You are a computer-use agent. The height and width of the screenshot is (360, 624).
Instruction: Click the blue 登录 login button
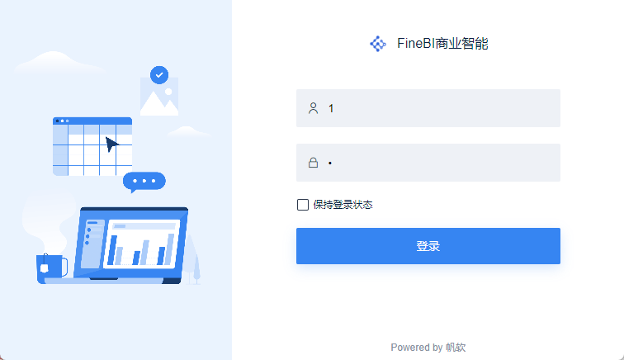click(x=428, y=246)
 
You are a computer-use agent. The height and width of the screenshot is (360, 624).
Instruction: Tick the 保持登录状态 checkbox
click(x=303, y=205)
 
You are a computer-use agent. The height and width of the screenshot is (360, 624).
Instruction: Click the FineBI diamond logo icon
click(x=378, y=44)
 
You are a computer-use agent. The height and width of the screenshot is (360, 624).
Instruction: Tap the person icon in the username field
click(x=313, y=108)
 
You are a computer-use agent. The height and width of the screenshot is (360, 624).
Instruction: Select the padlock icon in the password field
click(x=313, y=163)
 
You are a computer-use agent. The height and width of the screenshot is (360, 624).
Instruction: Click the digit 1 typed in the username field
click(x=331, y=108)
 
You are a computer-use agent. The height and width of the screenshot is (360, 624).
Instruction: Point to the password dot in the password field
click(x=330, y=163)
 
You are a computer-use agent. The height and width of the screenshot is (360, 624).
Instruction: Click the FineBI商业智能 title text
click(x=442, y=44)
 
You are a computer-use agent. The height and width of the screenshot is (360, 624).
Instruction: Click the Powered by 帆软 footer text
click(x=428, y=348)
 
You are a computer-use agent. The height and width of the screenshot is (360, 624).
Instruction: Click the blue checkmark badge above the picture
click(x=159, y=75)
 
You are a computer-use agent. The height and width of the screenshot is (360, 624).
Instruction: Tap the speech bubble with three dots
click(x=144, y=182)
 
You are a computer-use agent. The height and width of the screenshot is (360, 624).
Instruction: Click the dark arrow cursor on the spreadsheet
click(x=111, y=144)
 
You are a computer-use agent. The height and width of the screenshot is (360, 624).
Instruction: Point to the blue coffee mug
click(x=52, y=269)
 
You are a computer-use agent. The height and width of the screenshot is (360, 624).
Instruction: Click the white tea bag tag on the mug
click(x=45, y=268)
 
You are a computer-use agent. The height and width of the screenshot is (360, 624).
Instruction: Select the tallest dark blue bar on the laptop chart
click(x=112, y=250)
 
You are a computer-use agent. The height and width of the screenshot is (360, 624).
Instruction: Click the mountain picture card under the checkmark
click(x=159, y=97)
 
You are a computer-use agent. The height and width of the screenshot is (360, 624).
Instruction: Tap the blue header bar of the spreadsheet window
click(x=92, y=121)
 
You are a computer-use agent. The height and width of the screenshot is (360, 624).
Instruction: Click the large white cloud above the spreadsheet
click(x=56, y=62)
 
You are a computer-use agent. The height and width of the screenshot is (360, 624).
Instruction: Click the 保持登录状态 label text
click(x=343, y=205)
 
